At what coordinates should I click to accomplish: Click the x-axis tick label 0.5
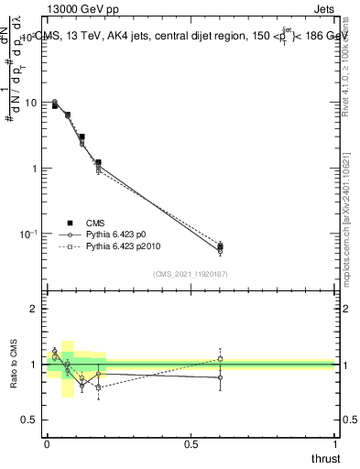(191, 443)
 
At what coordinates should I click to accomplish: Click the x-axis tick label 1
(335, 443)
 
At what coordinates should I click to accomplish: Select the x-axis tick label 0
(47, 443)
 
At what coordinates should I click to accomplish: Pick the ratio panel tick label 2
(34, 309)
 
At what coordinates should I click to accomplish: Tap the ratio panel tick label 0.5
(28, 420)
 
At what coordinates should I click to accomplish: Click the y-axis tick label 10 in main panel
(31, 103)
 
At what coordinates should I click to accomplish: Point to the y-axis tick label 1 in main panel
(35, 169)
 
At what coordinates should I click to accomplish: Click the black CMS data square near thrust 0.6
(220, 246)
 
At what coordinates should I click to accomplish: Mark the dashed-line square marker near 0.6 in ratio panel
(220, 358)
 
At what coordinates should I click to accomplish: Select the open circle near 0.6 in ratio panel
(220, 377)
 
